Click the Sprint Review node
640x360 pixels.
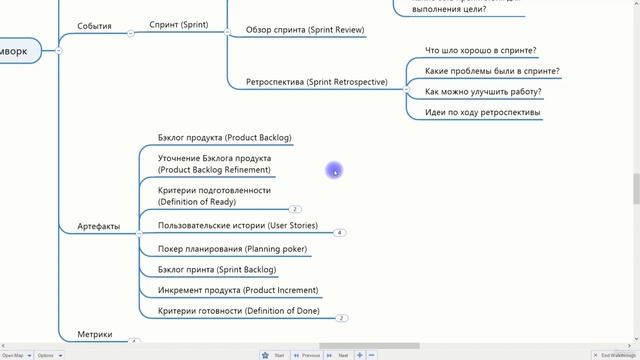tap(305, 31)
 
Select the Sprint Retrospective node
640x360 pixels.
tap(316, 82)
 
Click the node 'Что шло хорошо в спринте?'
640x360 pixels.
tap(480, 50)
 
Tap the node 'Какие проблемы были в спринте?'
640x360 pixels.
tap(492, 71)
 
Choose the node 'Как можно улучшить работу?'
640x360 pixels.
tap(483, 92)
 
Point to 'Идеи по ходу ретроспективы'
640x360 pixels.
tap(482, 113)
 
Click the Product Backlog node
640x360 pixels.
tap(224, 138)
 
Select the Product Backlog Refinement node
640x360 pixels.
tap(214, 164)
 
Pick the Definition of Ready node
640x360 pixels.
tap(214, 196)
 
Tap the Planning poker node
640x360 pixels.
tap(232, 249)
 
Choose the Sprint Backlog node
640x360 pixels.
tap(217, 270)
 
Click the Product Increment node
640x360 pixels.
tap(238, 291)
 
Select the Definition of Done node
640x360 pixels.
tap(238, 312)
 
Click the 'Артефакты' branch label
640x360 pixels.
tap(98, 227)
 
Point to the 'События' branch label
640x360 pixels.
tap(94, 26)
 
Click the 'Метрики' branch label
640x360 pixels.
tap(95, 334)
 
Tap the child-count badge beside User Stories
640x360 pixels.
tap(340, 233)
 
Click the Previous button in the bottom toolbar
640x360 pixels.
tap(306, 355)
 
